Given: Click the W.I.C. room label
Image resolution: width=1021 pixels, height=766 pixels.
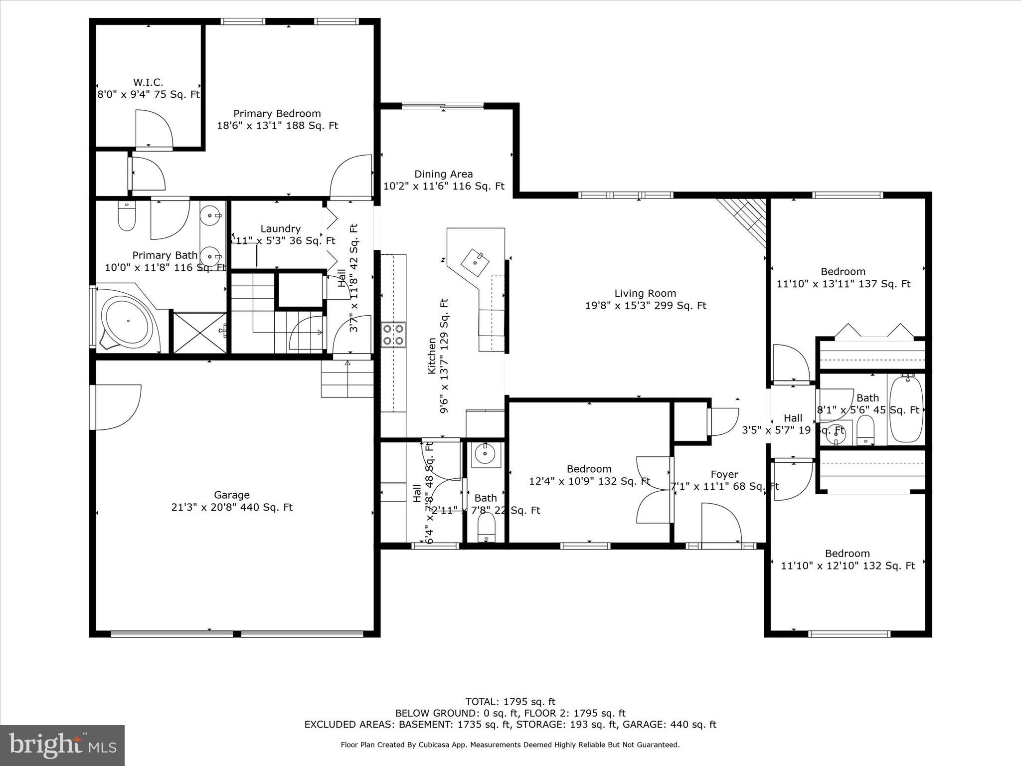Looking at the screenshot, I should (148, 82).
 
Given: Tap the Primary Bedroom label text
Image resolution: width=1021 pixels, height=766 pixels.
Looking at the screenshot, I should (277, 114).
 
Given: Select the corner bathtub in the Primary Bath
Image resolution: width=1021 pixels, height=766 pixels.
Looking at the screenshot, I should (127, 322).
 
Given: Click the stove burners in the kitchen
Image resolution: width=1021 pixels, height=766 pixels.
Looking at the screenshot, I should (393, 335).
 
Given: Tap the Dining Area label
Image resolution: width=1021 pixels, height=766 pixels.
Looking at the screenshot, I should (443, 174).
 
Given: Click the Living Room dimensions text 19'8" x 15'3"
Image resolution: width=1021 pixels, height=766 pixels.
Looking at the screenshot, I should (645, 306).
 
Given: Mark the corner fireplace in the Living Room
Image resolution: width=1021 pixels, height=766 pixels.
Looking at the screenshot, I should (748, 217).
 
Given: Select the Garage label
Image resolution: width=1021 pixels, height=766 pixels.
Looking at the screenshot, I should (231, 495).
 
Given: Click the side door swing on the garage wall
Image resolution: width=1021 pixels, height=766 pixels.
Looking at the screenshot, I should (117, 406).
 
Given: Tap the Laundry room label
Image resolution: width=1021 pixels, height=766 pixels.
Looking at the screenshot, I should (280, 229).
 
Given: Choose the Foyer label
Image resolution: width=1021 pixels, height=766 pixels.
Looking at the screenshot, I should (724, 474).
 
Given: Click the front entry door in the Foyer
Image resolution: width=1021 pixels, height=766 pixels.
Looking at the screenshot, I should (720, 524).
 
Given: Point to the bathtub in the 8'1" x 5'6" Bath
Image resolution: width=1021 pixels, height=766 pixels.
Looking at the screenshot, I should (906, 409).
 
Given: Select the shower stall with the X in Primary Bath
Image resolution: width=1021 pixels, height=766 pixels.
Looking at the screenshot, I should (199, 333).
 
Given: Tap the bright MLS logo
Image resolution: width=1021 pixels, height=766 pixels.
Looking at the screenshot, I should (62, 746).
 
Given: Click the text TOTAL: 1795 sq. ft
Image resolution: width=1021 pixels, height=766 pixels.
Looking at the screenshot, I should (510, 702).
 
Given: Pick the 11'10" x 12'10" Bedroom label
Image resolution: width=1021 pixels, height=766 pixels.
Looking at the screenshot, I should (847, 554).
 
